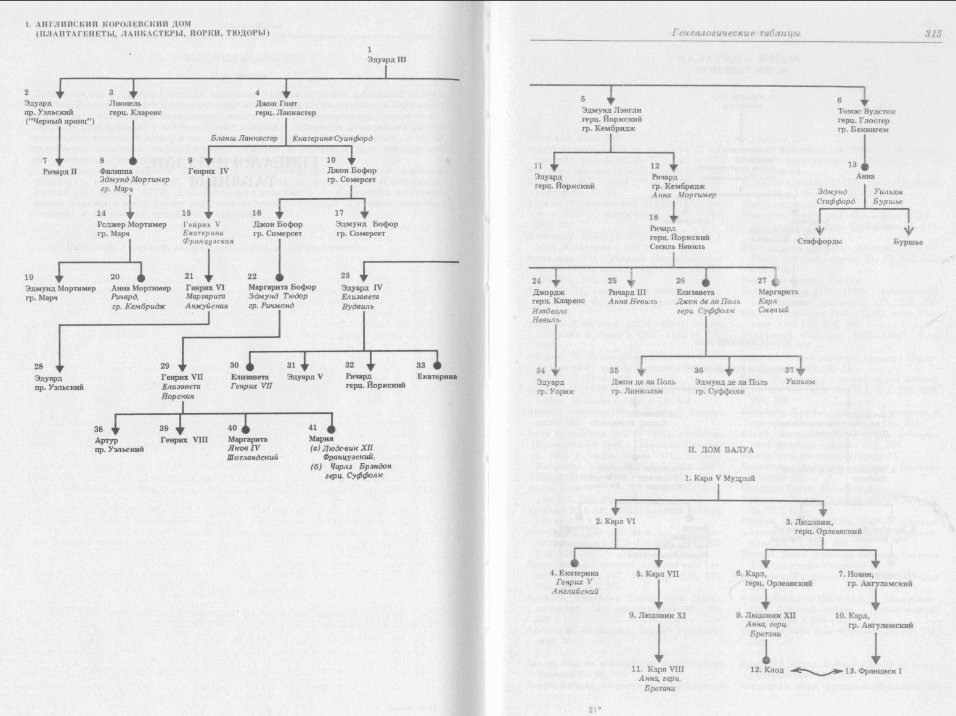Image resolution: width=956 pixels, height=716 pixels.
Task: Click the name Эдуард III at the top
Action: point(386,60)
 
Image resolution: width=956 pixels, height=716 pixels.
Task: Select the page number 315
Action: point(933,34)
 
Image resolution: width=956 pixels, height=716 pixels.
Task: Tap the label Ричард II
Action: point(60,171)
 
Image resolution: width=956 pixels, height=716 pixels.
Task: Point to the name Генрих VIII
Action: point(184,440)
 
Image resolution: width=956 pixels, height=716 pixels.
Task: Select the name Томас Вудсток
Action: point(867,112)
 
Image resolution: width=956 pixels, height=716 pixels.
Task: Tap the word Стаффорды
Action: point(819,242)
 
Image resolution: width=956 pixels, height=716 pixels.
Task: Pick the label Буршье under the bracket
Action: point(908,242)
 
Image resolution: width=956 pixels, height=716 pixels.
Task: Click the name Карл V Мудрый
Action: point(720,478)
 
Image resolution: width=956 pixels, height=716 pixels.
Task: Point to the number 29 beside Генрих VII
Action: point(165,366)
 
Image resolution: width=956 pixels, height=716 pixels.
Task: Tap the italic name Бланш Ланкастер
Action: point(244,138)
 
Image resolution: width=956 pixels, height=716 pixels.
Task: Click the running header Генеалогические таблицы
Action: point(736,34)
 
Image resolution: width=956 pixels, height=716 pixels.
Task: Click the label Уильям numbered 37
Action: point(801,382)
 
